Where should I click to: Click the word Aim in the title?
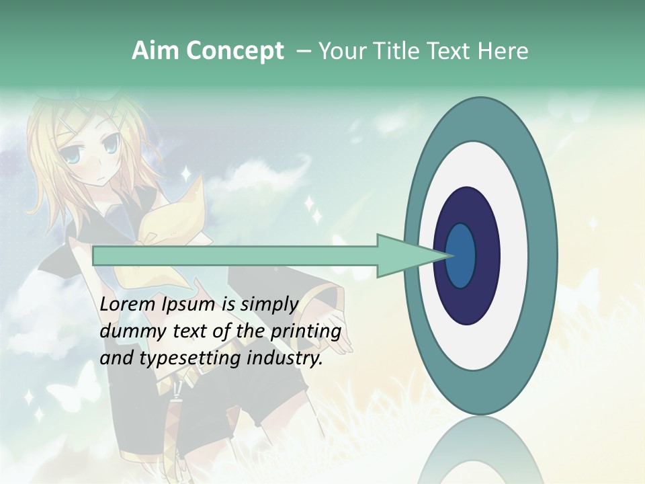(154, 51)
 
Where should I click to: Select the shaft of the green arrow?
(235, 255)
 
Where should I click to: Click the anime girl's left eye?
(110, 143)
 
